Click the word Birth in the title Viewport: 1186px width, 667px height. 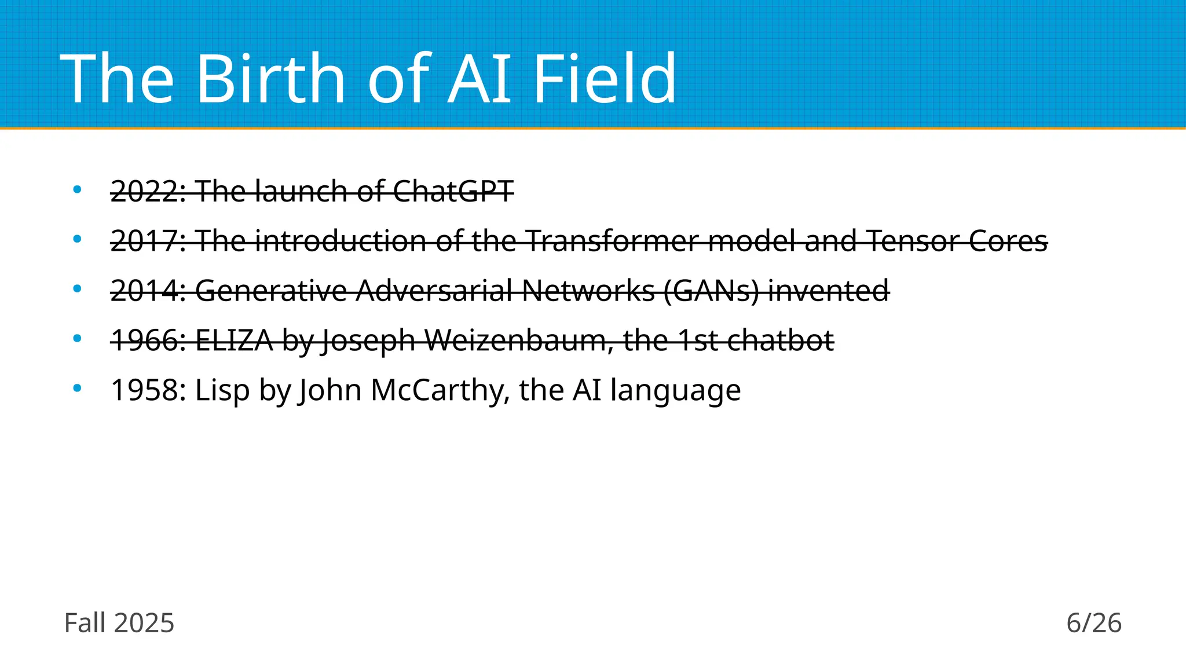click(x=271, y=78)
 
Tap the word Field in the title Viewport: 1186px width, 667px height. click(x=604, y=78)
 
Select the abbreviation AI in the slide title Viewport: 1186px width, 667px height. click(x=481, y=78)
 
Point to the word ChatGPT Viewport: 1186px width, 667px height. click(x=453, y=191)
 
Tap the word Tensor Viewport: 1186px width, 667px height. click(x=912, y=241)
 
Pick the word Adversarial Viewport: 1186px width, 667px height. click(x=434, y=291)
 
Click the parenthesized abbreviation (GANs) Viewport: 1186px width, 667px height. click(x=711, y=291)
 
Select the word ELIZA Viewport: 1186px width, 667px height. click(x=234, y=340)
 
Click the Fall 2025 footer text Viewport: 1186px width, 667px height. click(x=119, y=623)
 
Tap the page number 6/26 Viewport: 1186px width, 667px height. click(x=1094, y=623)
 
